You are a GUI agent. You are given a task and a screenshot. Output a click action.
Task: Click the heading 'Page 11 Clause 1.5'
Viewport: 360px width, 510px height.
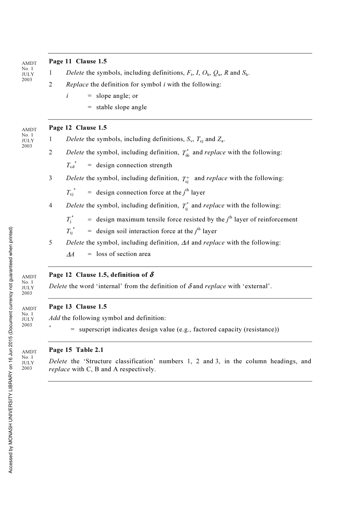pyautogui.click(x=78, y=61)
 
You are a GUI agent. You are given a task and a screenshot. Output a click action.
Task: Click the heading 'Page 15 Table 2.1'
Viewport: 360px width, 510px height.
pyautogui.click(x=76, y=350)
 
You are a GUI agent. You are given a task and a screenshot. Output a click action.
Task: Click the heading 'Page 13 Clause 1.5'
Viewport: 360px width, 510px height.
pyautogui.click(x=78, y=307)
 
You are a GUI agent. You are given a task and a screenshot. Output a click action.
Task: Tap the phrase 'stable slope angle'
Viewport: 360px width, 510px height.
pyautogui.click(x=121, y=107)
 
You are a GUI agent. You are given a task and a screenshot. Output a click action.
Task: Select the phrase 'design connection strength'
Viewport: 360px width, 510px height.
pyautogui.click(x=134, y=165)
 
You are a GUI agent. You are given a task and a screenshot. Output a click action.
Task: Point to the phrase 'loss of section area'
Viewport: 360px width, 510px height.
pyautogui.click(x=123, y=254)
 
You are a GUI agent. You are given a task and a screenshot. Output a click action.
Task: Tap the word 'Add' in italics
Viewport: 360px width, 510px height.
pyautogui.click(x=55, y=318)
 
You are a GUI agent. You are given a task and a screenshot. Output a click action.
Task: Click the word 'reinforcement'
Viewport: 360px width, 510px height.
pyautogui.click(x=278, y=220)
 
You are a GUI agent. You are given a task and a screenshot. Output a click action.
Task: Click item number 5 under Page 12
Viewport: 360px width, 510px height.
pyautogui.click(x=50, y=243)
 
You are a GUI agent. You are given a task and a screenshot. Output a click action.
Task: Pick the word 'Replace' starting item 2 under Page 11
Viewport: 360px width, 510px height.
pyautogui.click(x=77, y=85)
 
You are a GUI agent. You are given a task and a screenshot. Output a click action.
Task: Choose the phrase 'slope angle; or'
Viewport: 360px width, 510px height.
pyautogui.click(x=117, y=96)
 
